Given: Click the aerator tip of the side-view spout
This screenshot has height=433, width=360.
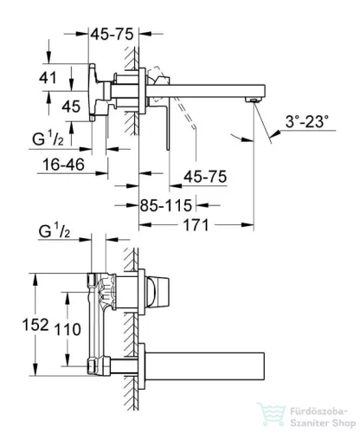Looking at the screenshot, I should tap(253, 101).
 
